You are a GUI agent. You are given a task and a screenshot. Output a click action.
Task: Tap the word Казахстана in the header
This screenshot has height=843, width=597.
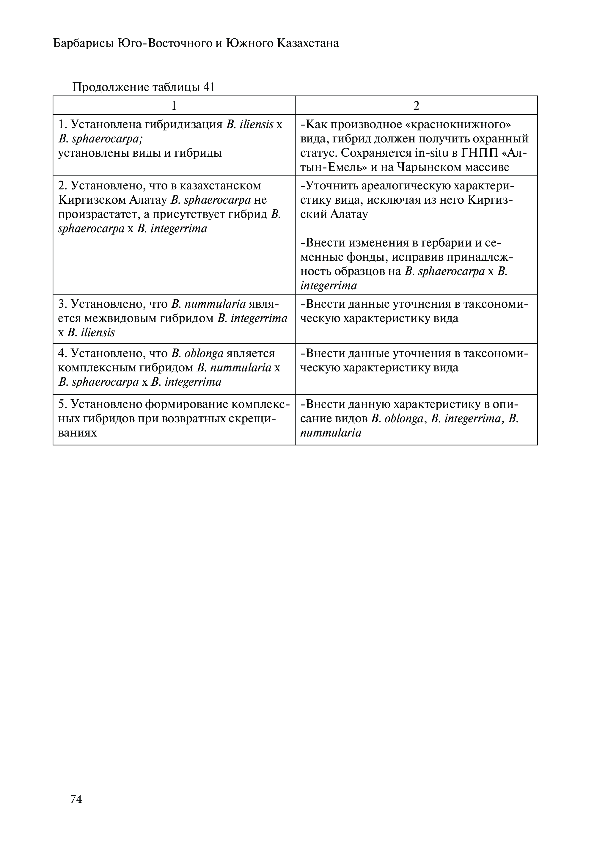[x=308, y=44]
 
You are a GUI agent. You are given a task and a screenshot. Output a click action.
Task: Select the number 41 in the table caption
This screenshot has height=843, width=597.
[x=208, y=87]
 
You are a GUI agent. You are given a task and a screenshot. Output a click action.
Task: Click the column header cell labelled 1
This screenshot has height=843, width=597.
[x=174, y=106]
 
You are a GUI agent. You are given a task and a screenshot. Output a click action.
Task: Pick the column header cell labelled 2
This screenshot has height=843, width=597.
[x=416, y=106]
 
